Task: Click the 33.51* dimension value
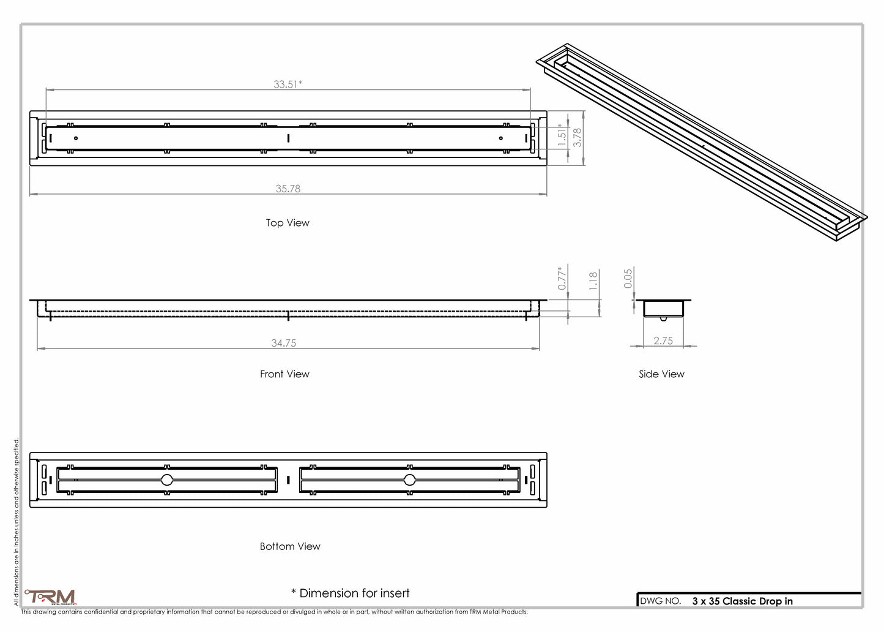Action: (x=288, y=84)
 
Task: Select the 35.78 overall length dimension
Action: (x=288, y=189)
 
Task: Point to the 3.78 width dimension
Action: (x=577, y=137)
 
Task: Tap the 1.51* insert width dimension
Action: (x=562, y=135)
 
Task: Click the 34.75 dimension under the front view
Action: (x=283, y=343)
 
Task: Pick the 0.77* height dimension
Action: (x=562, y=278)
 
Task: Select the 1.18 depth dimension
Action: (x=593, y=281)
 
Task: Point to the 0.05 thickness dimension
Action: (x=628, y=279)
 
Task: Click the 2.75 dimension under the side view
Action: (x=663, y=340)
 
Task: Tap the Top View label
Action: (x=288, y=223)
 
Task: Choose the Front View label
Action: (x=284, y=374)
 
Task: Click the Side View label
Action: (x=661, y=374)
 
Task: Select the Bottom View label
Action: (x=290, y=546)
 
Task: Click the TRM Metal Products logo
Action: (x=51, y=597)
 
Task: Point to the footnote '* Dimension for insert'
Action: (x=351, y=593)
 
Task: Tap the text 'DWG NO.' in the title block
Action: (x=661, y=601)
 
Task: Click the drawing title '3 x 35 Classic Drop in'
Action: (x=742, y=601)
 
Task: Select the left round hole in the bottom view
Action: (x=166, y=480)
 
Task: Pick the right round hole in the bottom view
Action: (x=409, y=480)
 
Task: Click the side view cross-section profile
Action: (x=663, y=309)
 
